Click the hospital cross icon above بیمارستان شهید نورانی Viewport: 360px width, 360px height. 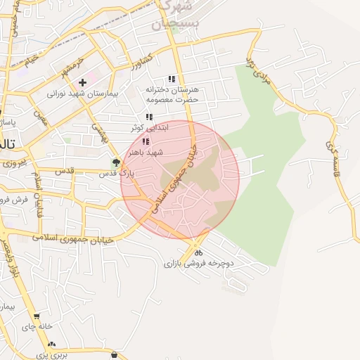click(83, 83)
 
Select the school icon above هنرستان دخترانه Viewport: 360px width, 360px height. click(172, 79)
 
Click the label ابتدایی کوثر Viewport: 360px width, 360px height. click(146, 128)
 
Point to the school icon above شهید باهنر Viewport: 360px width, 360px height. click(146, 141)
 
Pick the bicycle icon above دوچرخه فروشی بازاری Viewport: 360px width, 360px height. click(199, 253)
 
